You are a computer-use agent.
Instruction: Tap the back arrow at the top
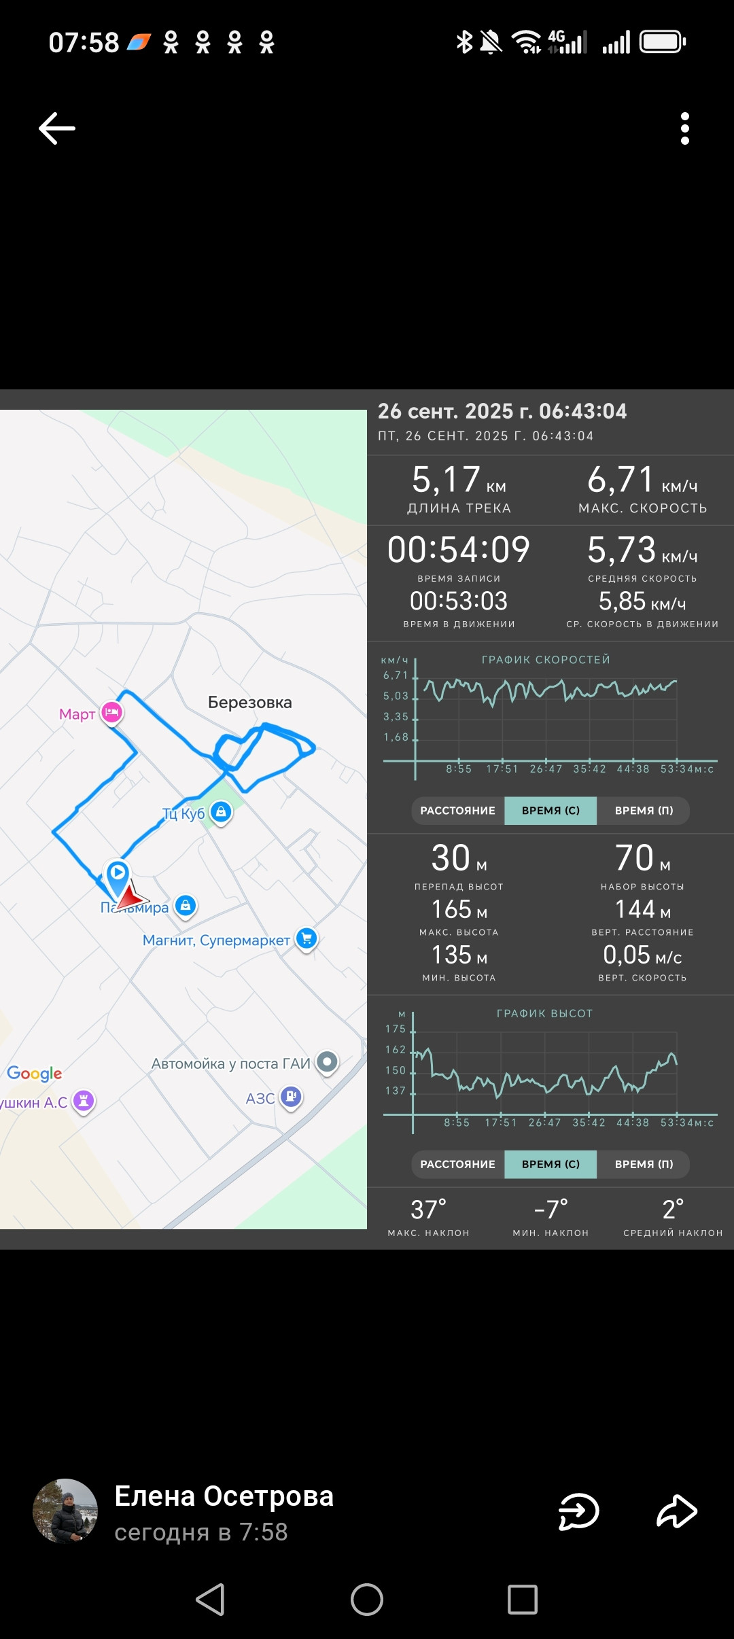pos(56,128)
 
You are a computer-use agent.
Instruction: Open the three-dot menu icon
pos(685,128)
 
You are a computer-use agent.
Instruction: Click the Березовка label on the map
pos(250,703)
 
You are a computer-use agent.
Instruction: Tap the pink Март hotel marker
pos(112,712)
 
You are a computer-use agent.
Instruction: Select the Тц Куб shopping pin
pos(221,811)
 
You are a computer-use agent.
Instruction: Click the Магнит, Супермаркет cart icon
pos(307,939)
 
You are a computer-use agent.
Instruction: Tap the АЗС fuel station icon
pos(292,1096)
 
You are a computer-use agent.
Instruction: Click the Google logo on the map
pos(35,1074)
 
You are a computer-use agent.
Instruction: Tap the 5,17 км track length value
pos(459,480)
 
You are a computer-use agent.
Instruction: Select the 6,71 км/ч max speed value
pos(642,480)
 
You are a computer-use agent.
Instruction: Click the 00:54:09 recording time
pos(459,550)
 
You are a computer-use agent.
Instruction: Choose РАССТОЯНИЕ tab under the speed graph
pos(458,811)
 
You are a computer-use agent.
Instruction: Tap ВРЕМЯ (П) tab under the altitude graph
pos(644,1164)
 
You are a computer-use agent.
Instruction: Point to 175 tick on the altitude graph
pos(396,1029)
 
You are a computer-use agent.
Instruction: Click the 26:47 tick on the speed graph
pos(546,769)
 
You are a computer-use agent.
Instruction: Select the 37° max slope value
pos(429,1210)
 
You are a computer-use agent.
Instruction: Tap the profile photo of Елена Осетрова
pos(65,1511)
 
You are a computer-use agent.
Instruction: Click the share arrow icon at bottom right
pos(677,1511)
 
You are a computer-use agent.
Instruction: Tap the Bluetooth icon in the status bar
pos(464,42)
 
